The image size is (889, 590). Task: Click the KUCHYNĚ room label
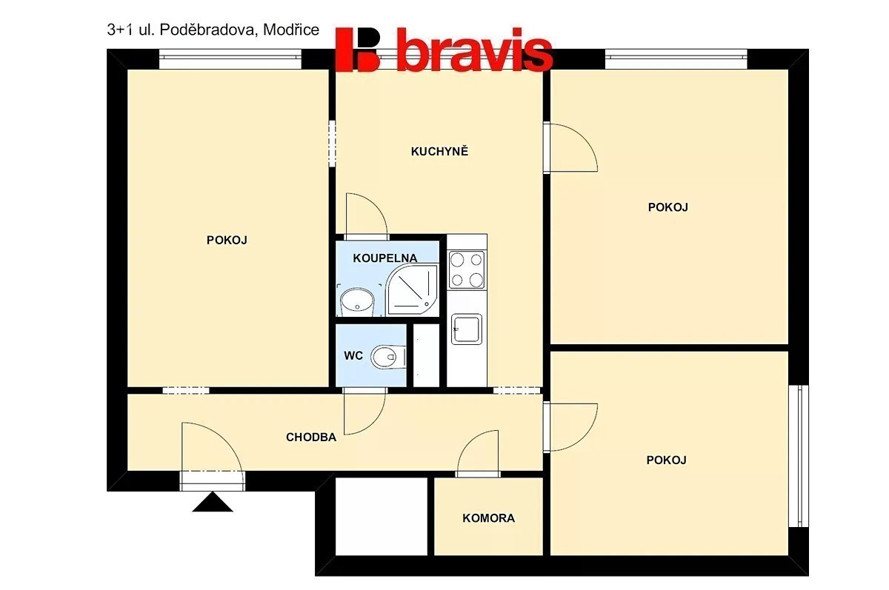click(x=439, y=151)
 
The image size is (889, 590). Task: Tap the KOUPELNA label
click(x=385, y=258)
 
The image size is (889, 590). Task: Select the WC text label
click(x=353, y=355)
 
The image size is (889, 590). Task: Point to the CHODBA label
click(x=311, y=437)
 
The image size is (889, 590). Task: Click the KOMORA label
click(x=488, y=518)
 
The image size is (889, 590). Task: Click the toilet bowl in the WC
click(x=388, y=357)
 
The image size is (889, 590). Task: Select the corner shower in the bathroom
click(x=413, y=291)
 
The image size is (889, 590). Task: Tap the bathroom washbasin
click(x=358, y=302)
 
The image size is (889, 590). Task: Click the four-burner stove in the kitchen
click(x=467, y=269)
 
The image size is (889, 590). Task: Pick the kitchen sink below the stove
click(x=467, y=329)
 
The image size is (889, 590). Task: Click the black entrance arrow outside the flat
click(x=213, y=502)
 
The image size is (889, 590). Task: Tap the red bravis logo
click(x=444, y=50)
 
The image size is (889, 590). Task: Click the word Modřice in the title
click(x=291, y=30)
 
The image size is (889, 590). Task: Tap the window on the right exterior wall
click(x=799, y=456)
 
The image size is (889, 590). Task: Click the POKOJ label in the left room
click(x=227, y=240)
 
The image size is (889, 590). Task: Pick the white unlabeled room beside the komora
click(x=382, y=516)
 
